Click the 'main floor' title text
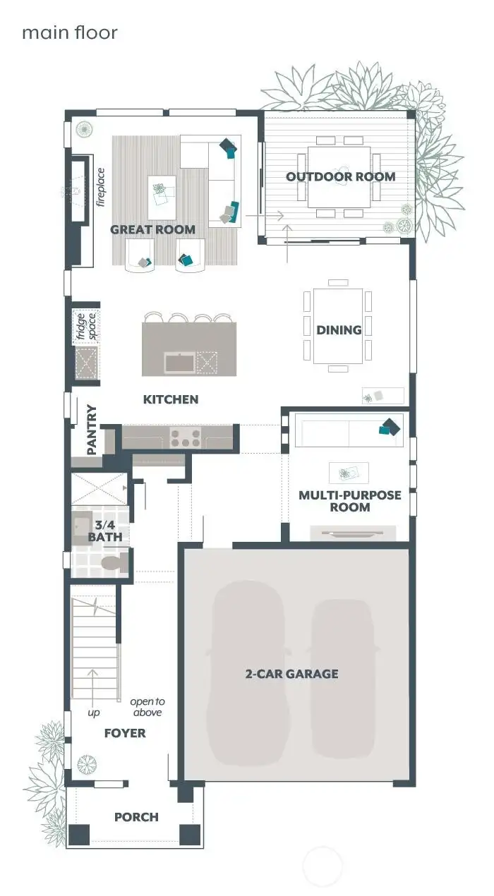point(69,32)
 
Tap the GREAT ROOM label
point(152,229)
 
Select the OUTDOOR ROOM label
point(340,176)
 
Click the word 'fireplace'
point(100,188)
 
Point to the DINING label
point(339,329)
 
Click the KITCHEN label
point(171,399)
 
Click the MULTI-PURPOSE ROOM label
point(349,501)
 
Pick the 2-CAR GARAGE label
point(291,674)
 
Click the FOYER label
point(125,733)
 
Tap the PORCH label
point(136,817)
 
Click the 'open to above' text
point(147,707)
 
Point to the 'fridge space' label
point(85,326)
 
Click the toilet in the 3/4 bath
point(113,564)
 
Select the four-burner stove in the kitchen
point(185,437)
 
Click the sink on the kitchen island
point(179,363)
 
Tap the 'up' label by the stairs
point(93,713)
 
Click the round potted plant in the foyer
point(87,763)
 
